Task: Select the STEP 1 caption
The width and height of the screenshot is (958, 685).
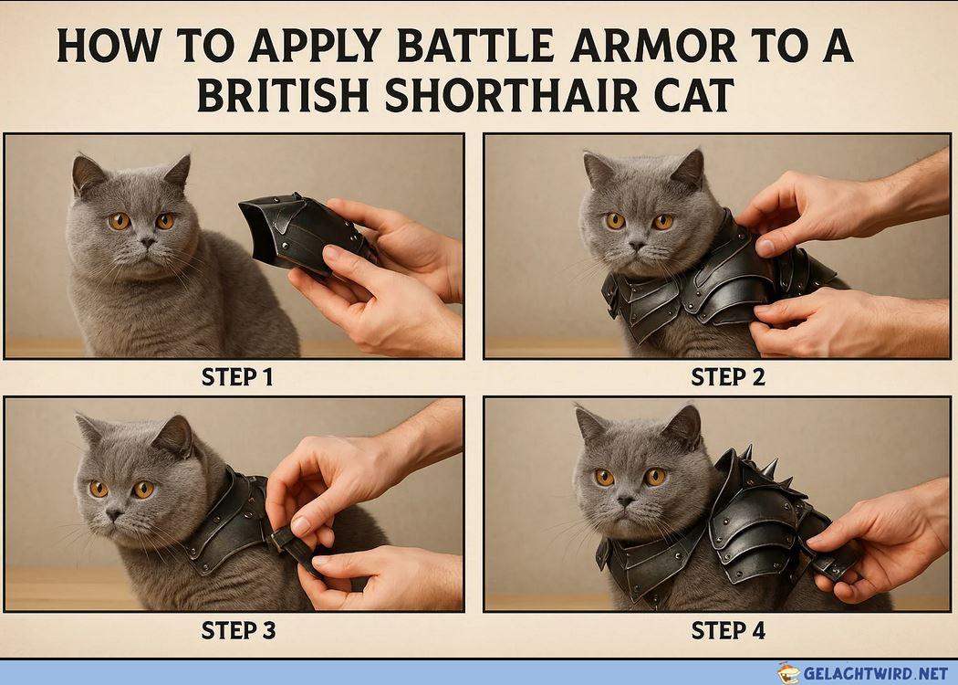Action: tap(237, 376)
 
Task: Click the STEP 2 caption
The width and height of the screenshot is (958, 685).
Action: tap(728, 376)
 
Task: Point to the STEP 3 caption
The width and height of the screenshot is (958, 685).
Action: tap(238, 630)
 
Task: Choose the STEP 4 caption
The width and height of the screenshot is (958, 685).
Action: tap(728, 630)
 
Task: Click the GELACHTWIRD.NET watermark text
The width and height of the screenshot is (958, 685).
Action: tap(876, 673)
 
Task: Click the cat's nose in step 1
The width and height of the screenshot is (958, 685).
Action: tap(147, 243)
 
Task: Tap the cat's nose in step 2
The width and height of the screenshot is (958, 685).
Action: tap(637, 246)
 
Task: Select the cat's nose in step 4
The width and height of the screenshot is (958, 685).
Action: tap(625, 501)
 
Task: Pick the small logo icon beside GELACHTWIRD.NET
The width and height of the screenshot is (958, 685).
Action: tap(789, 673)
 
